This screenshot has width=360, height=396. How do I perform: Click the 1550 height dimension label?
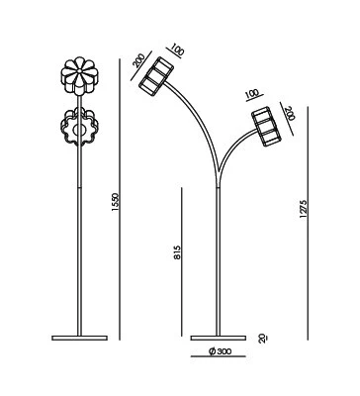[x=115, y=202]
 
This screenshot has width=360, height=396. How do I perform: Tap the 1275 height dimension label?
[x=304, y=209]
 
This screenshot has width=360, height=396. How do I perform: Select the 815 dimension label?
[x=177, y=252]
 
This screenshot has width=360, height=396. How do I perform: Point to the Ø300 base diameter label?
[x=220, y=351]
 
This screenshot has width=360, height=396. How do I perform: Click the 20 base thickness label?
[x=263, y=338]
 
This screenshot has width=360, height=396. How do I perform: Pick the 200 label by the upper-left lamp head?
[x=139, y=60]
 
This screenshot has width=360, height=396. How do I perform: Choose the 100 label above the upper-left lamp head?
[x=178, y=50]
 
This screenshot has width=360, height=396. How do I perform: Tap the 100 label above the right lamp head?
[x=252, y=93]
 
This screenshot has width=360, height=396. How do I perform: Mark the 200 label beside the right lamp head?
[x=290, y=113]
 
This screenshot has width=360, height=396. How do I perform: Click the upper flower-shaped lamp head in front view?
[x=79, y=76]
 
